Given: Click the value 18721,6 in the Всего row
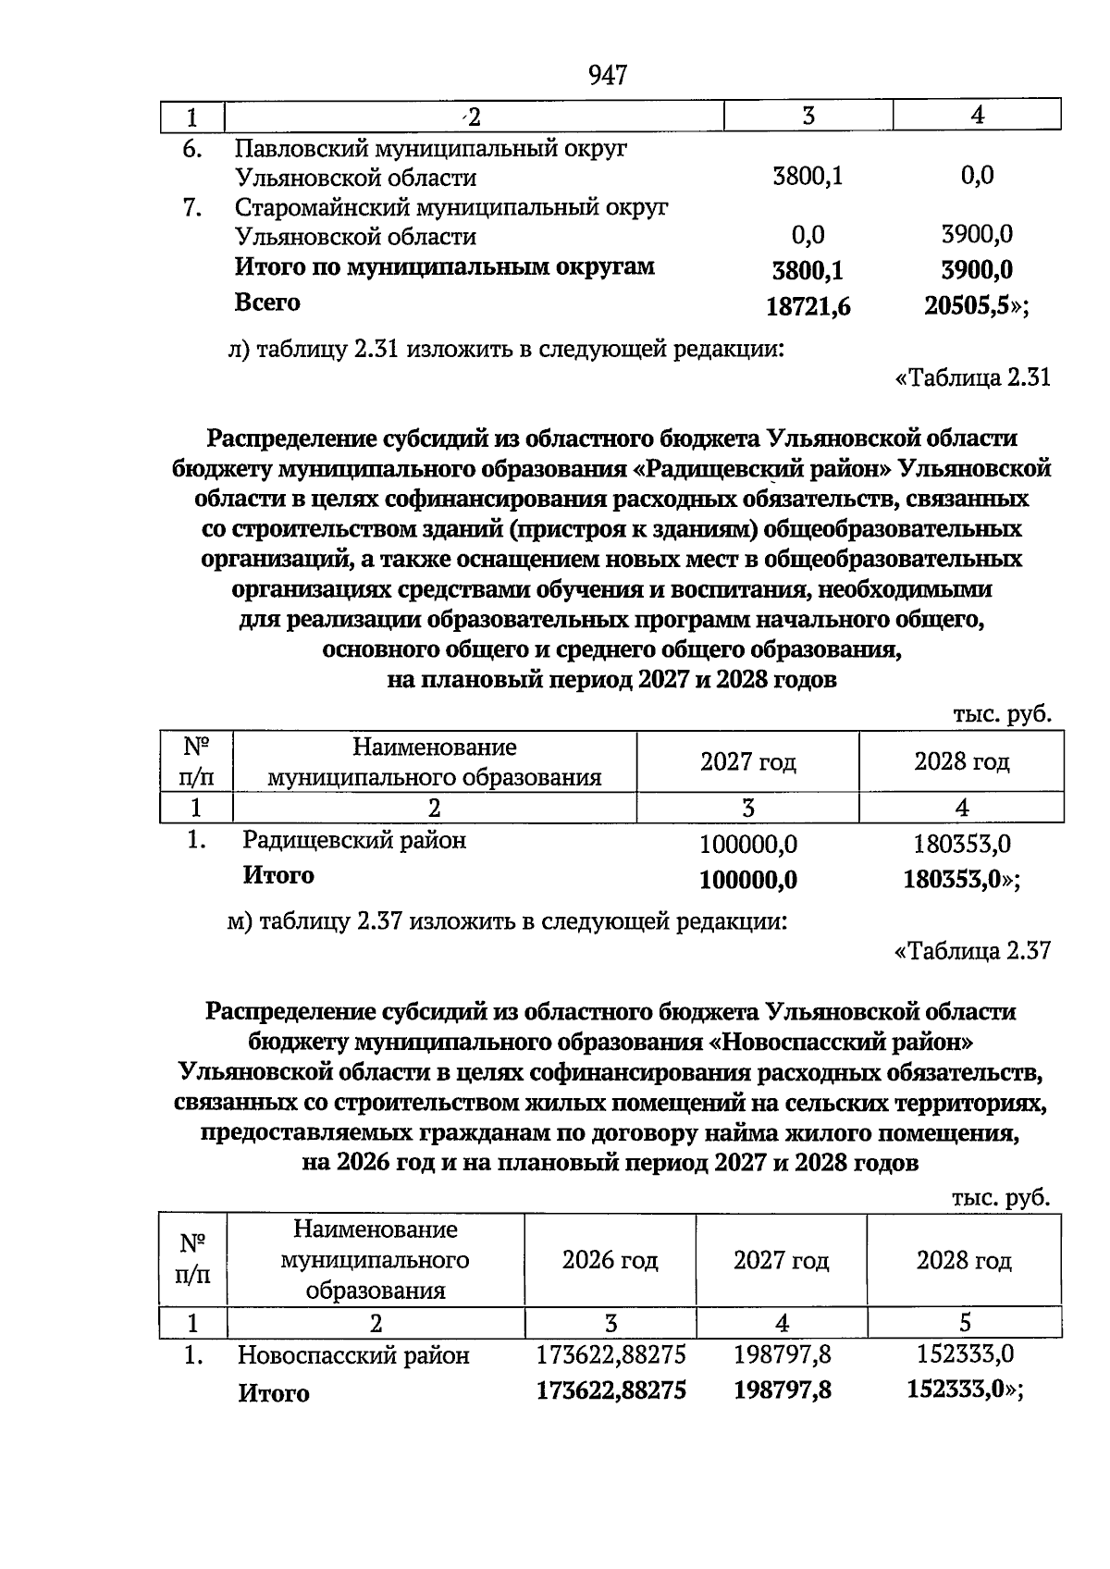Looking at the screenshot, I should pos(808,307).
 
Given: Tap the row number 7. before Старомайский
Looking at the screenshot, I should pos(191,208).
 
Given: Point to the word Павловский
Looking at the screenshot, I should pos(296,148).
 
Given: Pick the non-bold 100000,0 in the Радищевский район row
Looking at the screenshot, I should pos(748,845).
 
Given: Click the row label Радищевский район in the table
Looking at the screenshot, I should pos(354,841).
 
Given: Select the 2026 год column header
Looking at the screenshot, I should pos(610,1261).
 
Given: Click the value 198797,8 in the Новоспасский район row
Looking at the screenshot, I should pos(782,1355).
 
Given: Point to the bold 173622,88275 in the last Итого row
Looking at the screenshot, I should pos(610,1390).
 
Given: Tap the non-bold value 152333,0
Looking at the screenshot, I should pos(965,1355).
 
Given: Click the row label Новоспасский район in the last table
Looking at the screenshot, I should pos(353,1356).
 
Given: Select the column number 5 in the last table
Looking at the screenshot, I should pos(965,1323).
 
